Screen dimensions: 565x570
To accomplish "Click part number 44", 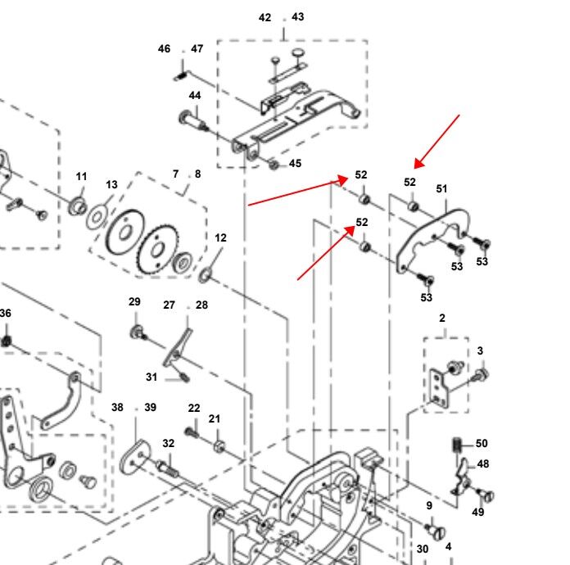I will (194, 96).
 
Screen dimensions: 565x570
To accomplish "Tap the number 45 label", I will (295, 163).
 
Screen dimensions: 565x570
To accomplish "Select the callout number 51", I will (442, 189).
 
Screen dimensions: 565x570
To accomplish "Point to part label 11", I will (81, 177).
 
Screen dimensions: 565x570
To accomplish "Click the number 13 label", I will (111, 185).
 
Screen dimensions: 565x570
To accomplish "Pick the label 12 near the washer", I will (220, 237).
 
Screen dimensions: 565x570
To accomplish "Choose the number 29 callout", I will (134, 302).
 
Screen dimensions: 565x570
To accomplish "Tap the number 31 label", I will (152, 377).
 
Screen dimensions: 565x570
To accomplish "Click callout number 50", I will (482, 444).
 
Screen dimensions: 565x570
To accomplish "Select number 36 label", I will (6, 313).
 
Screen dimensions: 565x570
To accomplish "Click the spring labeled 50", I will (457, 446).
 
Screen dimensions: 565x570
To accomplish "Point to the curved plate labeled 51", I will (434, 237).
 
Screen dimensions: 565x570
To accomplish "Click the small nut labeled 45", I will (274, 165).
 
